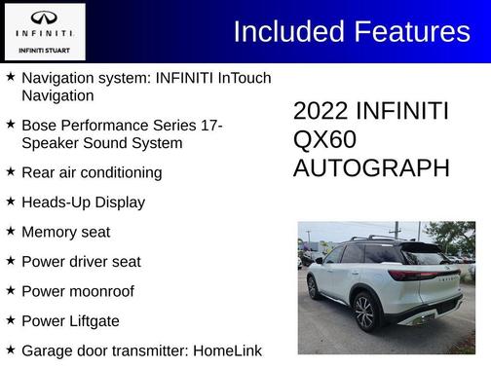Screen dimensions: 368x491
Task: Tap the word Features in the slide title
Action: tap(410, 31)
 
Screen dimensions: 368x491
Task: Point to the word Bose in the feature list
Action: tap(38, 126)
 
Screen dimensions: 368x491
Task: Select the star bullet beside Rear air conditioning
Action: tap(10, 171)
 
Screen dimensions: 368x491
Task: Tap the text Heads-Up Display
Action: tap(83, 202)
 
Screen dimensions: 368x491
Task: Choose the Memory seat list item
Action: tap(65, 232)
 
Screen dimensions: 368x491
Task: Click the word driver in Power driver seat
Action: tap(91, 262)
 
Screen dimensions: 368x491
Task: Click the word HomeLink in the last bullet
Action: tap(227, 350)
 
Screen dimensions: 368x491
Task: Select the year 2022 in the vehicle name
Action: tap(321, 111)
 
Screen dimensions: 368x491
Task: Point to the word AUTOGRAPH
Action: tap(371, 167)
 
